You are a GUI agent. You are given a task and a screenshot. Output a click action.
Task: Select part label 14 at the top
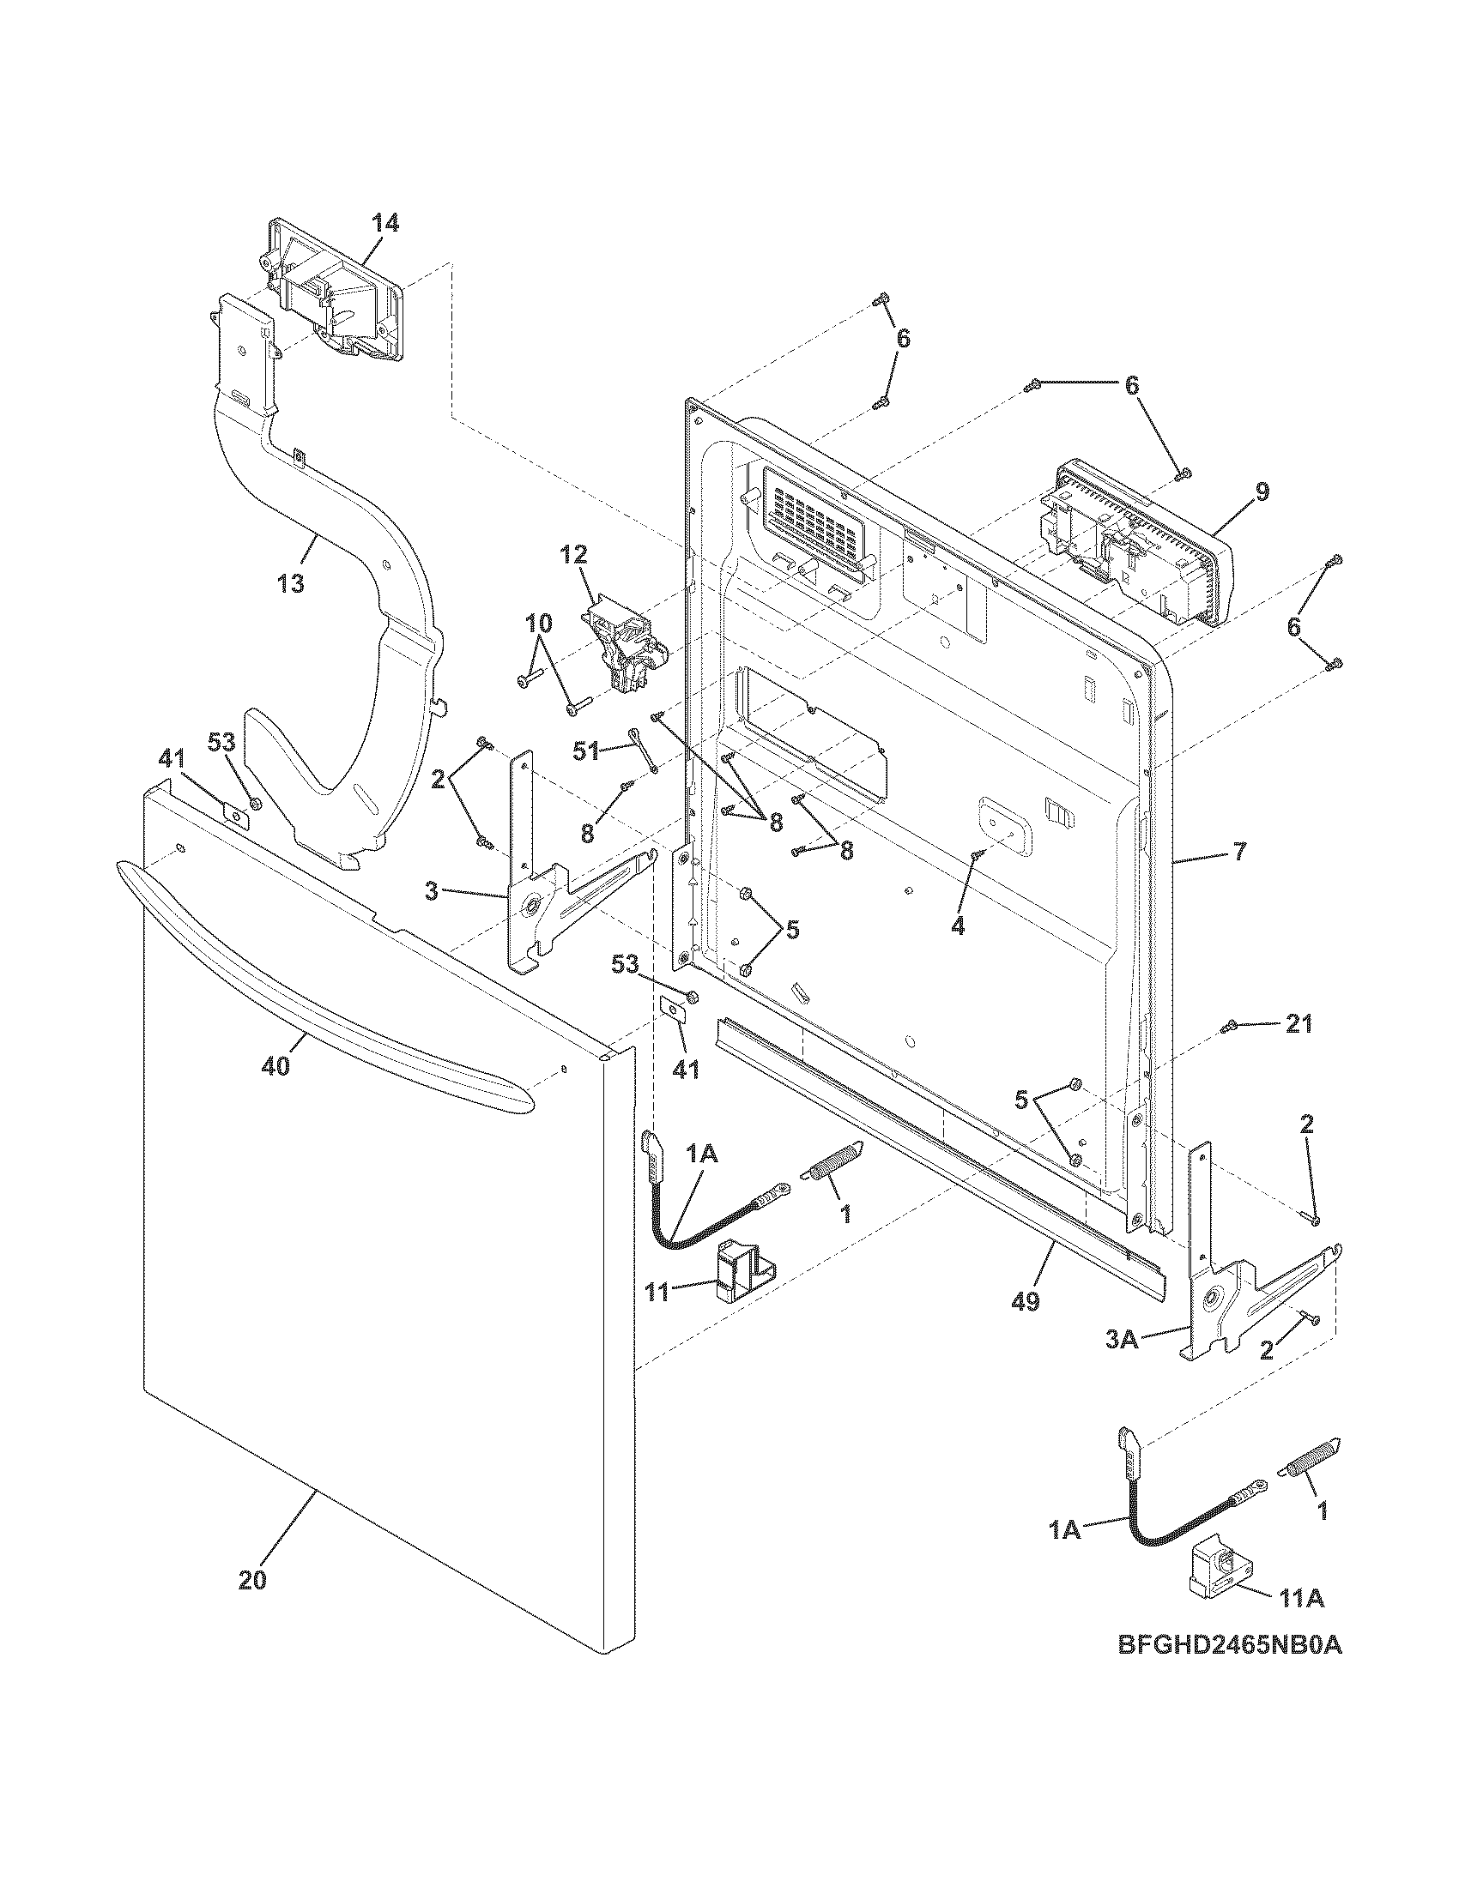[x=385, y=224]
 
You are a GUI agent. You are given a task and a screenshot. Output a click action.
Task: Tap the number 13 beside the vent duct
[x=291, y=584]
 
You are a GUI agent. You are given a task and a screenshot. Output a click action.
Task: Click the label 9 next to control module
[x=1262, y=492]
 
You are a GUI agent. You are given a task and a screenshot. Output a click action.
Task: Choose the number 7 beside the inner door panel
[x=1239, y=852]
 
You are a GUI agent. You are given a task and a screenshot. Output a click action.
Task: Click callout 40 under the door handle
[x=275, y=1067]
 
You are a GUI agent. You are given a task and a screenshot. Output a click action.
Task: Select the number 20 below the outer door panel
[x=252, y=1580]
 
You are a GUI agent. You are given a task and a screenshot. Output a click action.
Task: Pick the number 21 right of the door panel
[x=1299, y=1025]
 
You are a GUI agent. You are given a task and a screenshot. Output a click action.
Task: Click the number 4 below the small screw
[x=957, y=926]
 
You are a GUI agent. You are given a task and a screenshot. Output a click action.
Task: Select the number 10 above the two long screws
[x=536, y=623]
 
